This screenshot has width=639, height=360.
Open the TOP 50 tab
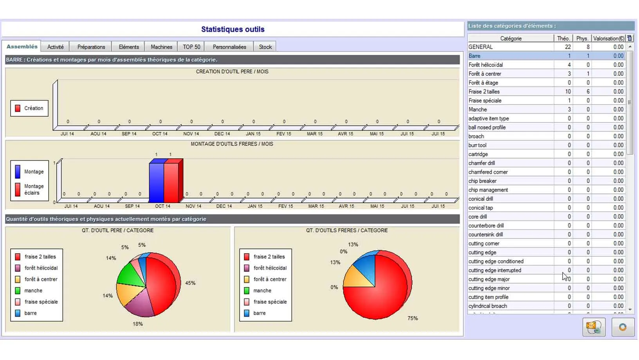(191, 47)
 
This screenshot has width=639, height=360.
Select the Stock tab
(265, 47)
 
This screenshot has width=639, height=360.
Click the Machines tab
(161, 47)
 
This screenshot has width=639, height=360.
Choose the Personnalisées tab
(229, 47)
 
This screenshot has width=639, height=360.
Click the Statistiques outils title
(233, 29)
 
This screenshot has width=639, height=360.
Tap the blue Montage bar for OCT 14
(156, 182)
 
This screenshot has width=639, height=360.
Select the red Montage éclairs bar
(171, 182)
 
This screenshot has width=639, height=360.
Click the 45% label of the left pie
(190, 283)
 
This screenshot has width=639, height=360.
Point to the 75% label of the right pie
(413, 318)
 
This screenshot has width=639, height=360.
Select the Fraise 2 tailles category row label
(484, 92)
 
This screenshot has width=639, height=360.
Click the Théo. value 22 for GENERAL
(568, 47)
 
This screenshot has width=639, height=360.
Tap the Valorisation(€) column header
(608, 38)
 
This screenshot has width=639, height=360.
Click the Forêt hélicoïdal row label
(486, 65)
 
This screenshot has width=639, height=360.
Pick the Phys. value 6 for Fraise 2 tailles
(588, 92)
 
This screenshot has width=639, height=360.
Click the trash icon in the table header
(630, 38)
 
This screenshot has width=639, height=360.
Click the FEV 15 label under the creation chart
(284, 134)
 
